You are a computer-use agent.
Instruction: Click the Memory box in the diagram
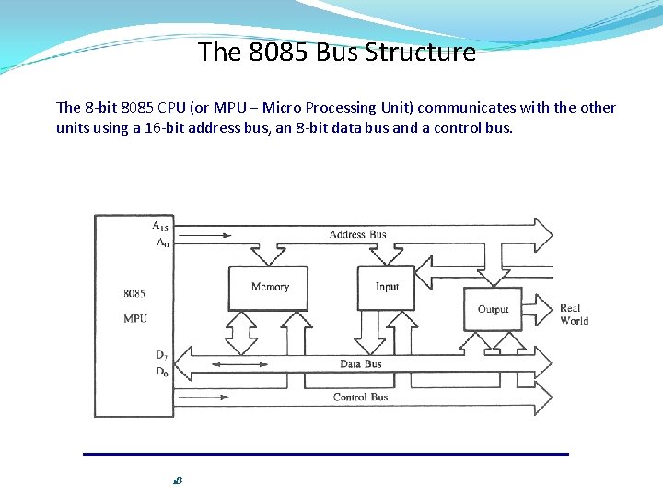click(x=269, y=288)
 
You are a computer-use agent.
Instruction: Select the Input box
click(x=387, y=287)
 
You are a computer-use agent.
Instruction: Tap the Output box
click(x=493, y=310)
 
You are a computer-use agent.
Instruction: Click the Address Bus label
click(x=357, y=235)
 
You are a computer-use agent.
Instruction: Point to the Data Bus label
click(x=360, y=364)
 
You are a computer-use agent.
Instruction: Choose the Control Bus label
click(x=360, y=397)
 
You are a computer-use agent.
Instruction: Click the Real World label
click(x=574, y=314)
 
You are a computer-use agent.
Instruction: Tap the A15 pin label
click(x=159, y=225)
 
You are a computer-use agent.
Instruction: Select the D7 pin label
click(x=161, y=354)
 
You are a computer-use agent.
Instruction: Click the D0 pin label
click(x=161, y=372)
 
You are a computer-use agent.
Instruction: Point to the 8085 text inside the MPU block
click(x=134, y=293)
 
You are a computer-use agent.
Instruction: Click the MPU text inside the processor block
click(x=134, y=318)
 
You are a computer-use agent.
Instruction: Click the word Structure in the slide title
click(x=420, y=53)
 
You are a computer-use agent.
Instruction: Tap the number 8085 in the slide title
click(x=279, y=53)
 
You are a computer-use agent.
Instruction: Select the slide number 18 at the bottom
click(x=178, y=480)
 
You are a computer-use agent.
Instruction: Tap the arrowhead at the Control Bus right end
click(x=542, y=398)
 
